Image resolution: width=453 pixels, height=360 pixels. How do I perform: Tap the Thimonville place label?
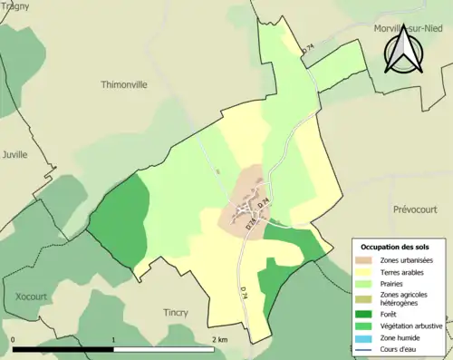pyautogui.click(x=123, y=84)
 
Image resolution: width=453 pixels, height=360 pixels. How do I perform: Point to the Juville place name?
pyautogui.click(x=15, y=154)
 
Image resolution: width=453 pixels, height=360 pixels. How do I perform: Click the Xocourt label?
pyautogui.click(x=32, y=296)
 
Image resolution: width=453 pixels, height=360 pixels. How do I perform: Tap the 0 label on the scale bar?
pyautogui.click(x=14, y=339)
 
